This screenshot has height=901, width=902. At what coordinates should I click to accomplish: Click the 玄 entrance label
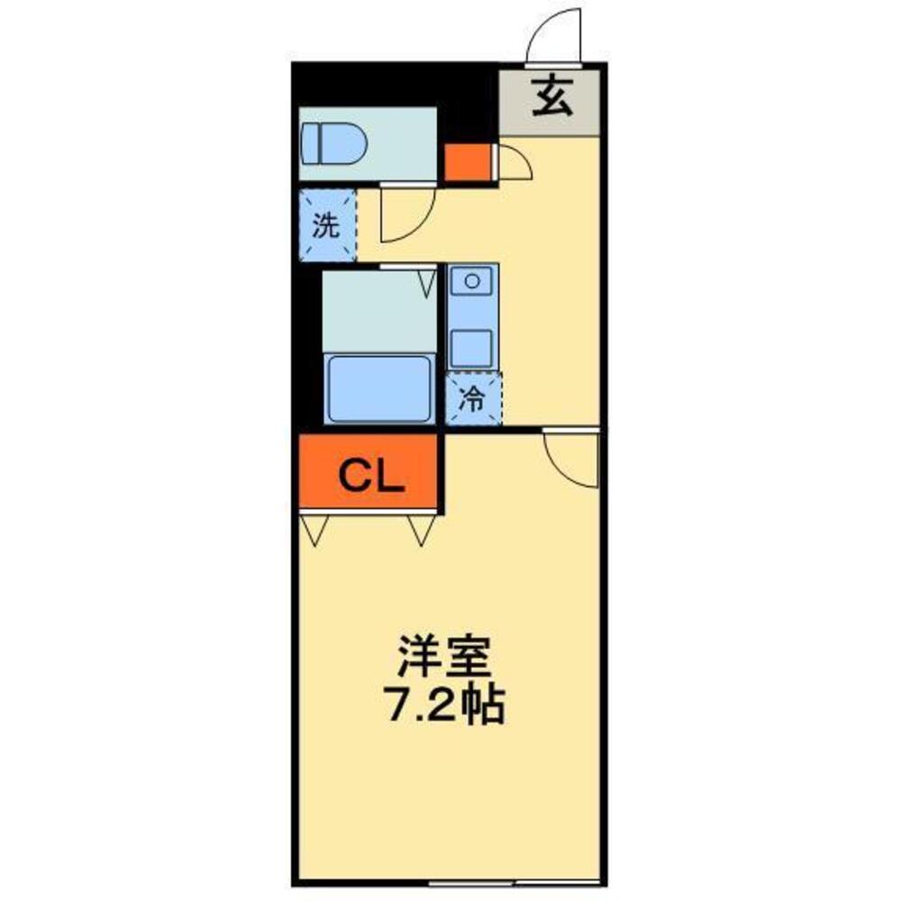click(551, 98)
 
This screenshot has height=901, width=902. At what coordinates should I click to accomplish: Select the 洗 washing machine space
click(325, 225)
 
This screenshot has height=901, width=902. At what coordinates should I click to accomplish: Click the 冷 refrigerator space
click(472, 398)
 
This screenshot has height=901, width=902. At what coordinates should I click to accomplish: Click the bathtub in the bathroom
click(378, 387)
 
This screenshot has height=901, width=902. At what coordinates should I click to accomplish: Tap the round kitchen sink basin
click(471, 281)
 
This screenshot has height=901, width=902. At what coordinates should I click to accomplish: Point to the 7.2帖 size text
click(444, 705)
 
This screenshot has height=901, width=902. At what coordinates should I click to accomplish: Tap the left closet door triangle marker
click(314, 532)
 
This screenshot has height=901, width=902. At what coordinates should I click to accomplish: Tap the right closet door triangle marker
click(422, 532)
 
